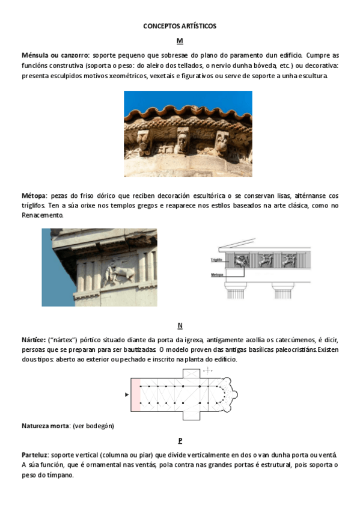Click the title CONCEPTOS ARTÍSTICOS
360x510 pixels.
[x=180, y=26]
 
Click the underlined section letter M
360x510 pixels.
[x=180, y=41]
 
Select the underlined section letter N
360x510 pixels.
[x=180, y=326]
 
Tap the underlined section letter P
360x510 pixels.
[x=180, y=440]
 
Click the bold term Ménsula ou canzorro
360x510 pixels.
[x=55, y=55]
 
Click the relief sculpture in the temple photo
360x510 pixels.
[x=114, y=273]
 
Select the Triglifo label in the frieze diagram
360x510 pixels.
[x=217, y=260]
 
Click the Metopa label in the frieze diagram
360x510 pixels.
[x=217, y=274]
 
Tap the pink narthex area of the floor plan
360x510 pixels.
[x=135, y=395]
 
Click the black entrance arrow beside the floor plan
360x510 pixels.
[x=126, y=395]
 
